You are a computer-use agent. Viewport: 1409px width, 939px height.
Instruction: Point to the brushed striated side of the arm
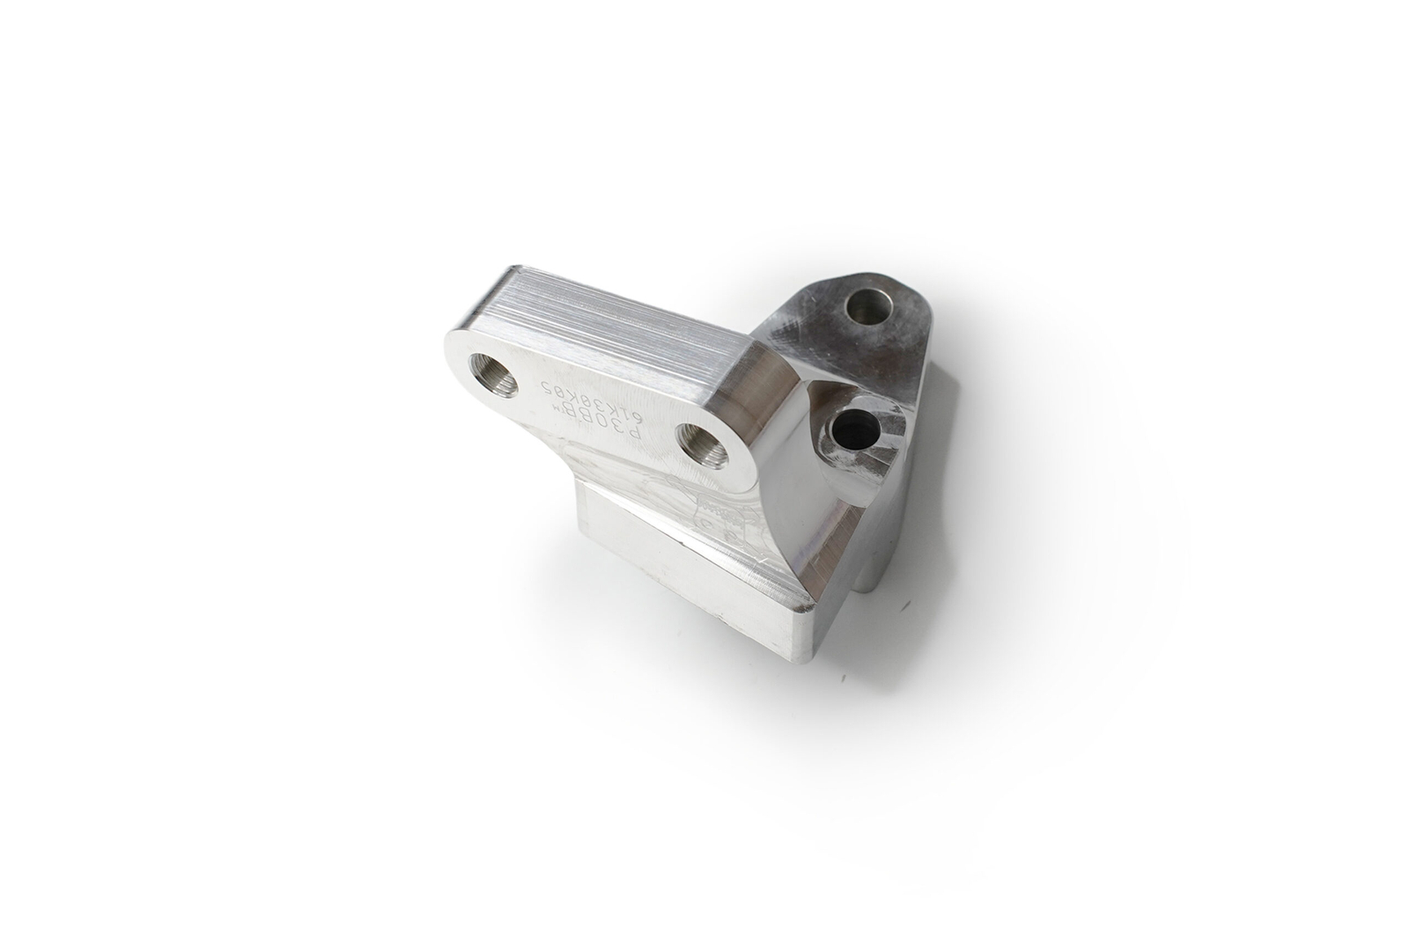[616, 326]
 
